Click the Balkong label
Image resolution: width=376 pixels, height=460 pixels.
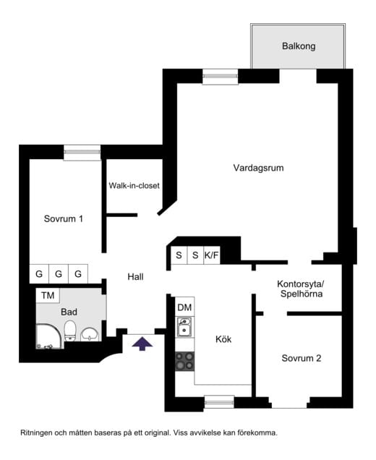(298, 46)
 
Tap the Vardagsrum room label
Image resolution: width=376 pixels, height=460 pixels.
(258, 168)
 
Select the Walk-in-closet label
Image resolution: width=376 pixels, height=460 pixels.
(134, 186)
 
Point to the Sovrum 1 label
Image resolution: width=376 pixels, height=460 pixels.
(63, 218)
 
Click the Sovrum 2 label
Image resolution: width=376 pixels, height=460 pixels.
(302, 358)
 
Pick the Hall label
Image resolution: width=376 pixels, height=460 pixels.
(136, 276)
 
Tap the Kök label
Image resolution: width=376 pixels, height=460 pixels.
(223, 338)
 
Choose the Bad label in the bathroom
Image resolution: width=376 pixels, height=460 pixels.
(69, 312)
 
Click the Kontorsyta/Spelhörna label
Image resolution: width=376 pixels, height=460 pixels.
(301, 289)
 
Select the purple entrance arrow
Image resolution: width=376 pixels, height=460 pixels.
(142, 344)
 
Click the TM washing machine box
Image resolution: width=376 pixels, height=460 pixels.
(48, 295)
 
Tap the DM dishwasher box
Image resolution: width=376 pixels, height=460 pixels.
(184, 307)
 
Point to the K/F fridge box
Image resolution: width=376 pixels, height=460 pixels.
(212, 255)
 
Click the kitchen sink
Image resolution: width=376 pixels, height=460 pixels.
(184, 329)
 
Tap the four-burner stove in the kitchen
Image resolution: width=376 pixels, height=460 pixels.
(184, 361)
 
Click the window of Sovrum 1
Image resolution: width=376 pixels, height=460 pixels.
(82, 153)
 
